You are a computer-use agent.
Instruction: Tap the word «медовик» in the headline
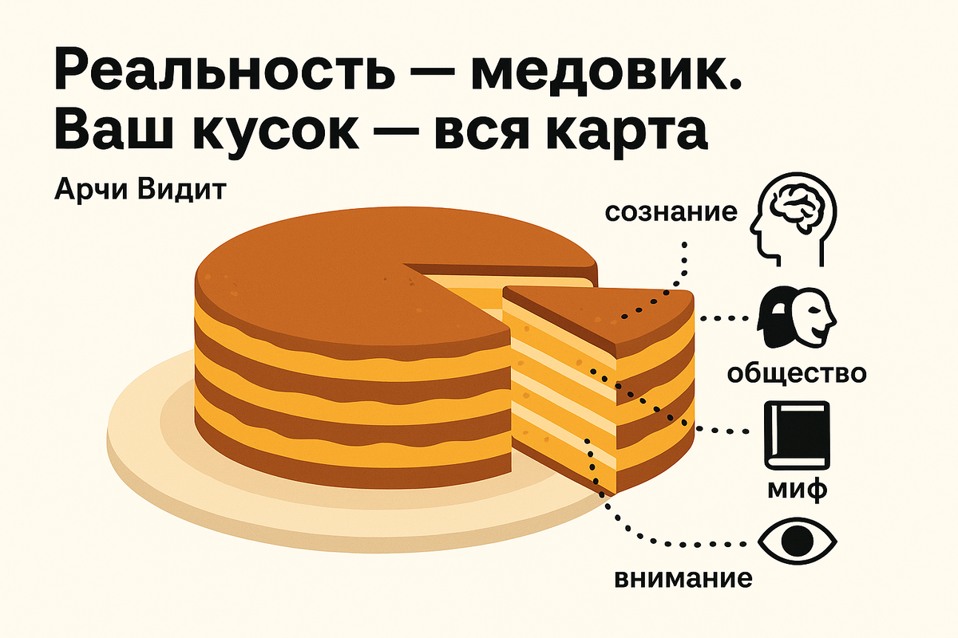(x=608, y=73)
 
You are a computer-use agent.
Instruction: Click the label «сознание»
(x=671, y=213)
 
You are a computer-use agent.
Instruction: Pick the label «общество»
(x=795, y=372)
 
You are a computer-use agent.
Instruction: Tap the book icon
(x=797, y=435)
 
